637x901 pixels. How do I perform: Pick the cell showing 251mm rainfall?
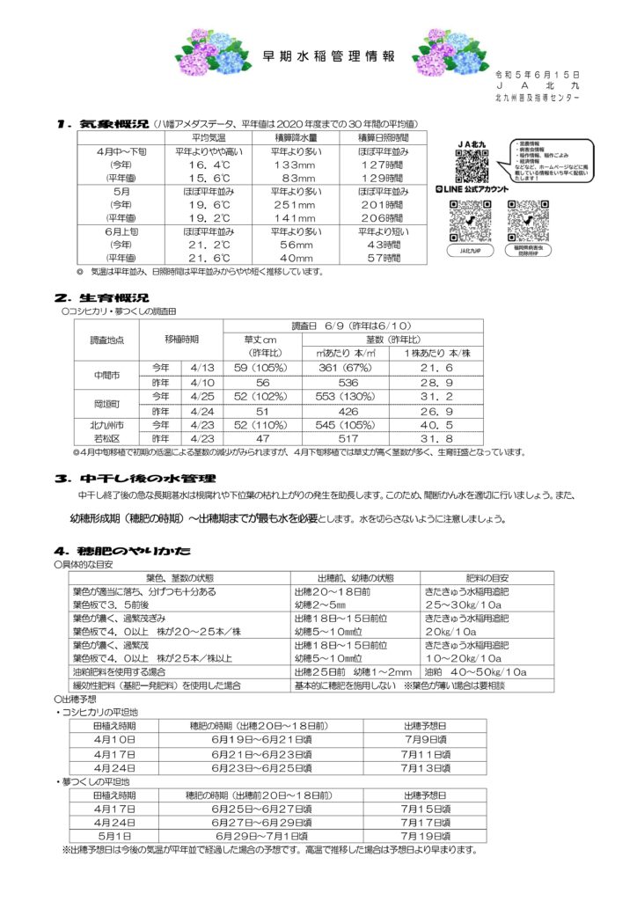(297, 205)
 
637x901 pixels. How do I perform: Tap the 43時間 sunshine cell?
(383, 245)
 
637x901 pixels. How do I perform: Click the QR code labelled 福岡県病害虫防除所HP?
(528, 221)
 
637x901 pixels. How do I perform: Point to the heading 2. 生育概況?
(101, 298)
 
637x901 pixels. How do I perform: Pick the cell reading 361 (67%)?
(340, 368)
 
